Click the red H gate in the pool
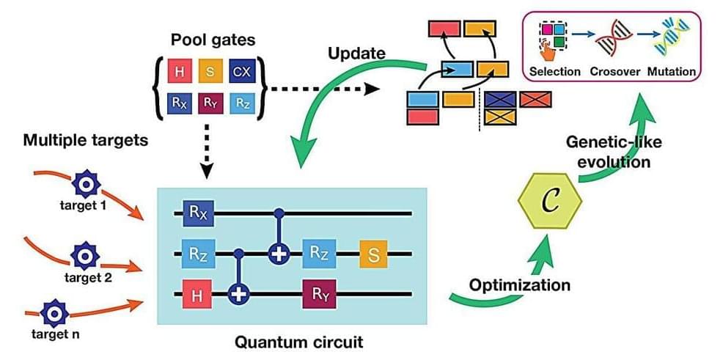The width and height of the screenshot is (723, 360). coord(179,72)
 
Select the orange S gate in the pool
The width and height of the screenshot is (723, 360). coord(210,72)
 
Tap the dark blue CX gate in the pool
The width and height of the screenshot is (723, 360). coord(242,72)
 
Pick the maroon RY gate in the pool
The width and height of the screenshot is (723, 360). coord(210,103)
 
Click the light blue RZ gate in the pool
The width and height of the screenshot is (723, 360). coord(242,103)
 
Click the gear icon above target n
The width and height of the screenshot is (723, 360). coord(54,313)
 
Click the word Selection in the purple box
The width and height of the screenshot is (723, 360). coord(554,71)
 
